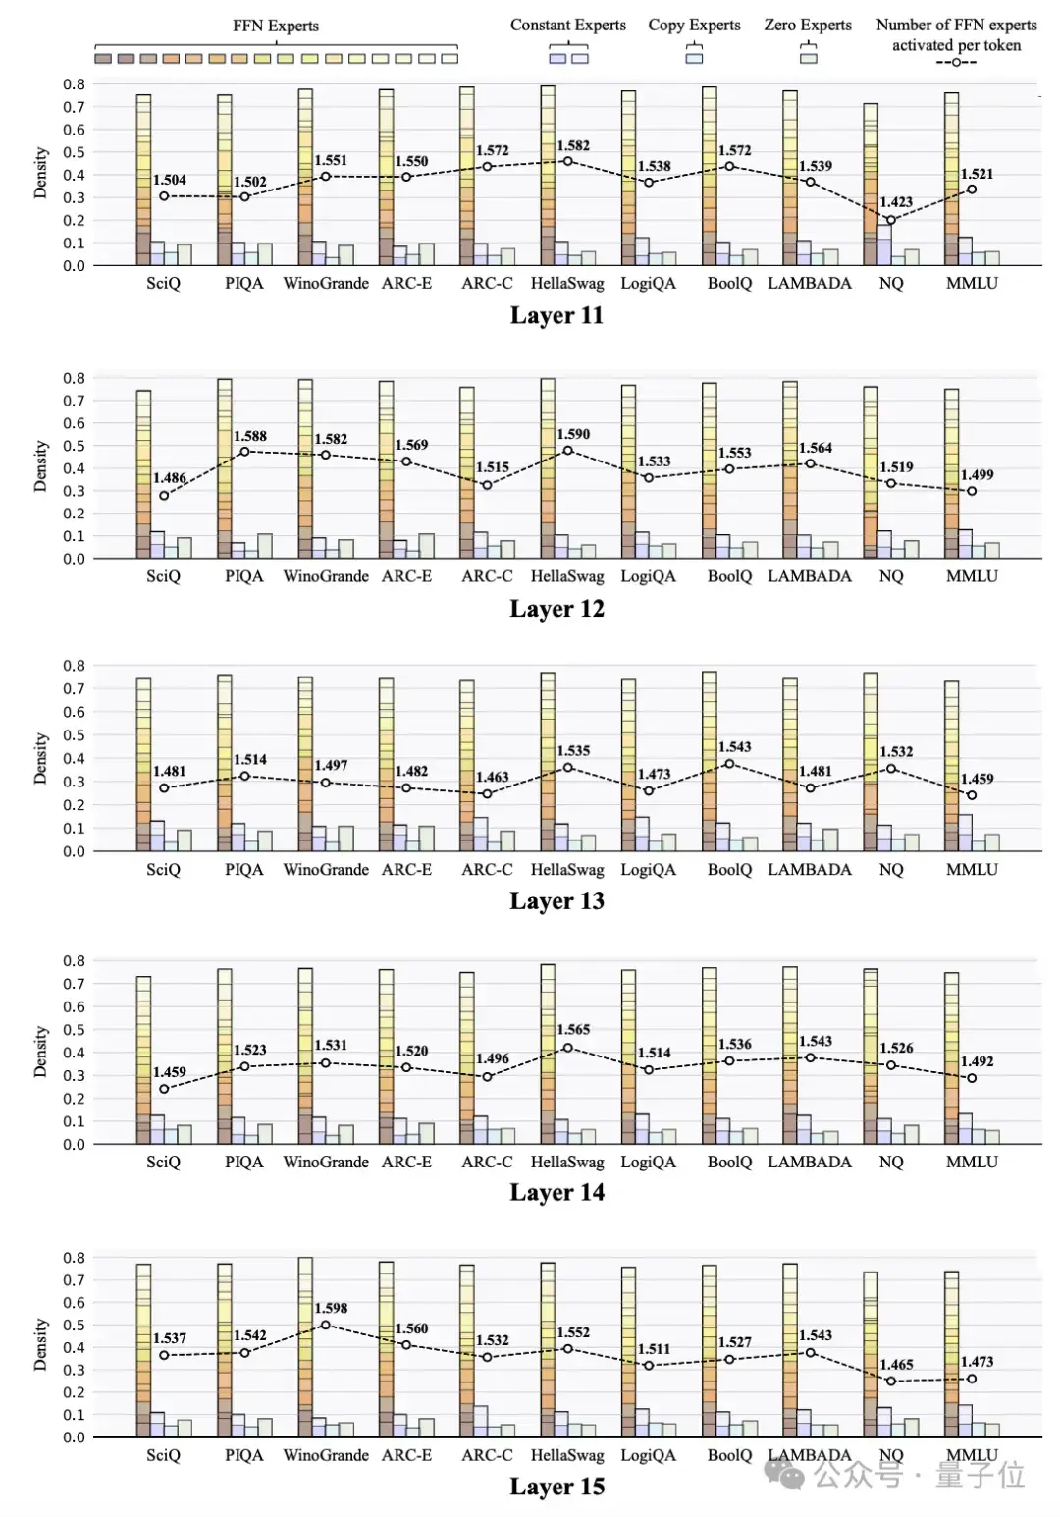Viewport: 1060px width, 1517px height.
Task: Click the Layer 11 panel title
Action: tap(556, 315)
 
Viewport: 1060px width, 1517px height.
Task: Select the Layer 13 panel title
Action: tap(556, 901)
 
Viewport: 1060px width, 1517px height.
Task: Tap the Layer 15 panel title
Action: tap(556, 1487)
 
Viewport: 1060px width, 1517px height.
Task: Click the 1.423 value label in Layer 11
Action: tap(895, 202)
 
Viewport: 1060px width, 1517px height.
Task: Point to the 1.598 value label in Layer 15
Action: tap(331, 1308)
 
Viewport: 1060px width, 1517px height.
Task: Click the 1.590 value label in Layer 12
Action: tap(573, 434)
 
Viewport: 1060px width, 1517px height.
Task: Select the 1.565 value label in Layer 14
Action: tap(573, 1029)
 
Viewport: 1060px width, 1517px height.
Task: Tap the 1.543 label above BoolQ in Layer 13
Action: tap(734, 747)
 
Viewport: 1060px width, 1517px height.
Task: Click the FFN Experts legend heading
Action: tap(276, 26)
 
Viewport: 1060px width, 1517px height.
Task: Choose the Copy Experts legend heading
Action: tap(694, 25)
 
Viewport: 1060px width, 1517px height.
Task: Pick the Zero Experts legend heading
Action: tap(808, 25)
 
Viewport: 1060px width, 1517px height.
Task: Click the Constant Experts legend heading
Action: tap(567, 25)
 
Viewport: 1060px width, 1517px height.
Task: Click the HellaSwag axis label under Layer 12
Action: tap(567, 576)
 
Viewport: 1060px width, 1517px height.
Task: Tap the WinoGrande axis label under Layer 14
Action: tap(326, 1162)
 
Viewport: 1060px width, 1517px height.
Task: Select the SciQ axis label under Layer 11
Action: tap(163, 283)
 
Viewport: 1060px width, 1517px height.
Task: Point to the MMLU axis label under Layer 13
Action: tap(972, 869)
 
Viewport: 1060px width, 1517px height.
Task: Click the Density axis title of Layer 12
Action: tap(40, 465)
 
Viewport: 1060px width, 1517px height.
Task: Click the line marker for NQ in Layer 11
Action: tap(890, 220)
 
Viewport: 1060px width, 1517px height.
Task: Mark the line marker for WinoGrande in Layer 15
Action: tap(325, 1325)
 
